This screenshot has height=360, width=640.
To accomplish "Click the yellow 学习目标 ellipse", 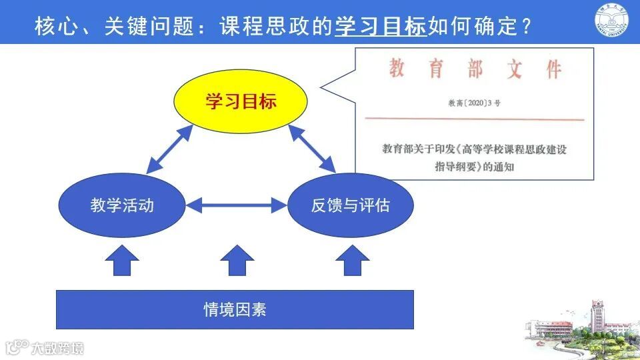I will click(241, 102).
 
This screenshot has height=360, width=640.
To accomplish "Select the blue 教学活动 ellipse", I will click(122, 205).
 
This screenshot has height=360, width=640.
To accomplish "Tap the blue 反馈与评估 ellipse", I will click(350, 205).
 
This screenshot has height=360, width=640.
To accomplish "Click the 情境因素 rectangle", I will click(235, 309).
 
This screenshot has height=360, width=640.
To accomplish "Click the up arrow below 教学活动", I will click(122, 261).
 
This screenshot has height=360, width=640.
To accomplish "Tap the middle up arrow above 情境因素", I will click(237, 261).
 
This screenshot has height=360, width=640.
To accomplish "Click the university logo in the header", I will click(613, 22).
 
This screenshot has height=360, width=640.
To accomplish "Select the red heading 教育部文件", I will click(475, 69).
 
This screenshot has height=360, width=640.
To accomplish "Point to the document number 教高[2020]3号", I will click(474, 103).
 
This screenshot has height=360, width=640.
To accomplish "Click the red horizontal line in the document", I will click(474, 120).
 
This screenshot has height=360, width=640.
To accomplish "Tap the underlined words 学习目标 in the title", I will click(380, 26).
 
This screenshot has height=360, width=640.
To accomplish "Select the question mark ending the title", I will click(526, 27).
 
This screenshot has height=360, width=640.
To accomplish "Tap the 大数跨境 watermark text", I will click(58, 347).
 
